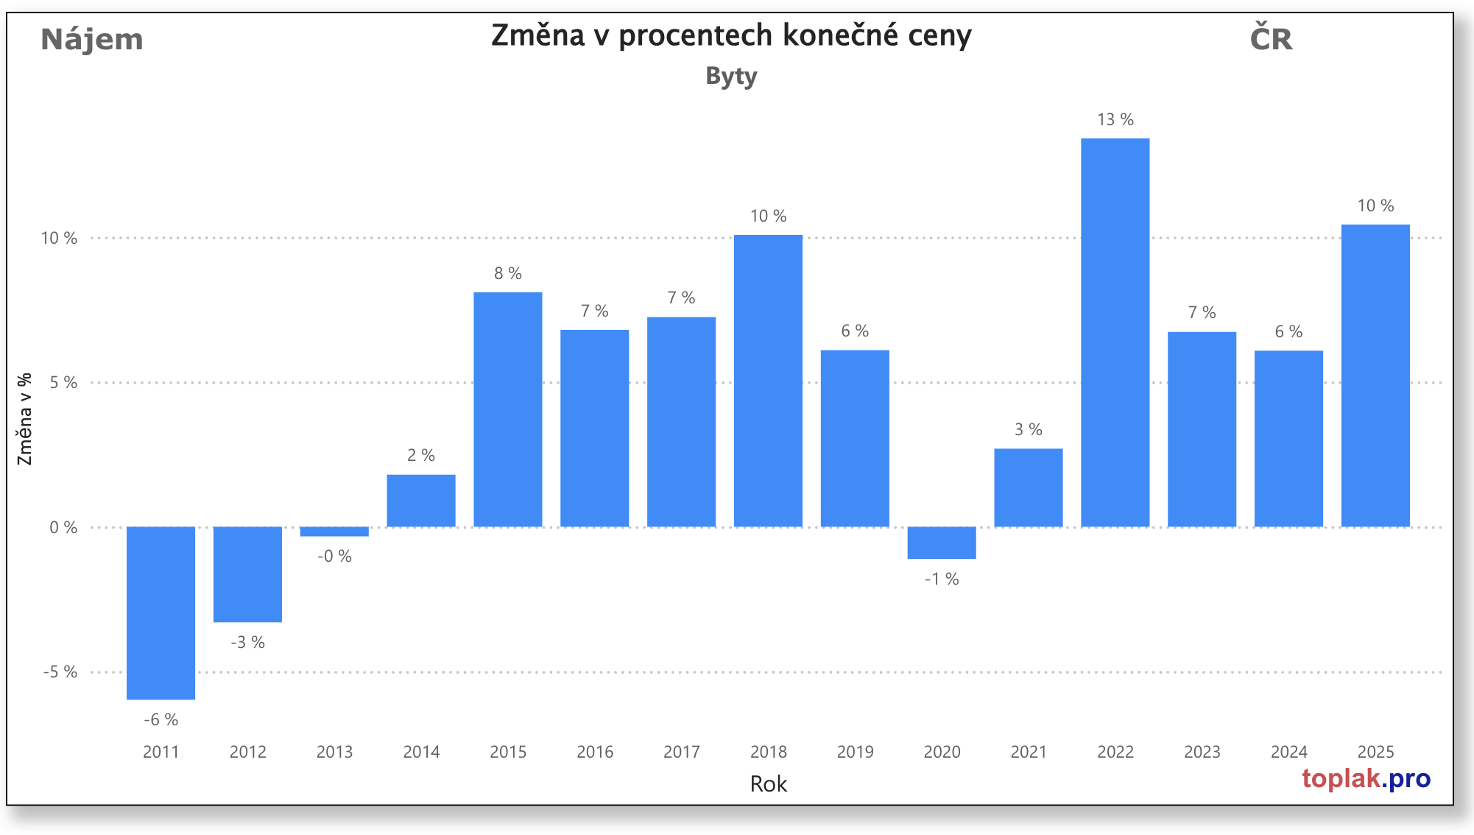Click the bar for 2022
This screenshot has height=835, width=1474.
pos(1115,332)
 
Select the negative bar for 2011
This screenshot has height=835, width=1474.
pos(161,613)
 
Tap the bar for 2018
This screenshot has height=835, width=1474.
pos(768,381)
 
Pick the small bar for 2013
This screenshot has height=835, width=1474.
pos(334,532)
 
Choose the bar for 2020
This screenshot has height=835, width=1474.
pos(942,543)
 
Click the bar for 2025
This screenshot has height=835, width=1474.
pos(1375,376)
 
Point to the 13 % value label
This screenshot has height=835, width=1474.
pos(1115,119)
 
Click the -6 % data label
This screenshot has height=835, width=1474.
pos(161,719)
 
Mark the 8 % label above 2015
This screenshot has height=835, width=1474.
pos(508,273)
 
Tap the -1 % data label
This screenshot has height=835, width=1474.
pos(942,579)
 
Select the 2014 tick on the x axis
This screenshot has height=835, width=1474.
pos(421,752)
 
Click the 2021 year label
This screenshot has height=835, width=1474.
pos(1029,752)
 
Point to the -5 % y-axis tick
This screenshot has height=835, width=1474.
pos(60,672)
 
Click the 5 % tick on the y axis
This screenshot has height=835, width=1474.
pos(63,382)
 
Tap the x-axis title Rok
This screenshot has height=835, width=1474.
pos(768,783)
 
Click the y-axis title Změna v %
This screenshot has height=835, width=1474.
pos(25,419)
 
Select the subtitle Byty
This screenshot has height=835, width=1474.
pos(731,76)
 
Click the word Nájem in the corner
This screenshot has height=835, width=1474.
pos(92,39)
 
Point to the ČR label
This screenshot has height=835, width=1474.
pos(1271,38)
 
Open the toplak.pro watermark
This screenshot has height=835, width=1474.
pos(1366,778)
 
